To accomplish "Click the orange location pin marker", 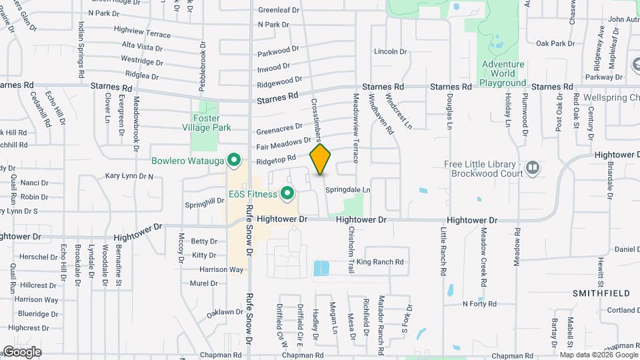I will click(x=320, y=160).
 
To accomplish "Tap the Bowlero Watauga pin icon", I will click(x=234, y=160).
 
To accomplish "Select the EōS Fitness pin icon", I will click(x=287, y=194).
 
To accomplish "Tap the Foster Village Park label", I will click(x=208, y=121).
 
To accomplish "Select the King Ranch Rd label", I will click(x=380, y=262).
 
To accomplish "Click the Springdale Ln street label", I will click(x=347, y=190).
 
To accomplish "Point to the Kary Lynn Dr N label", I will click(x=129, y=177).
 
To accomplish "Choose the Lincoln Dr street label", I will click(x=390, y=51).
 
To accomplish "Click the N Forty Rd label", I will click(x=479, y=304).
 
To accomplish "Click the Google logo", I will click(x=22, y=352).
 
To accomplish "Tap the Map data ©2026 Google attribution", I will click(x=597, y=355).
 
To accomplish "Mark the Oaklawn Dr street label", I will click(x=225, y=311).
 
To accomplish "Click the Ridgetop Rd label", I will click(x=275, y=160).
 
